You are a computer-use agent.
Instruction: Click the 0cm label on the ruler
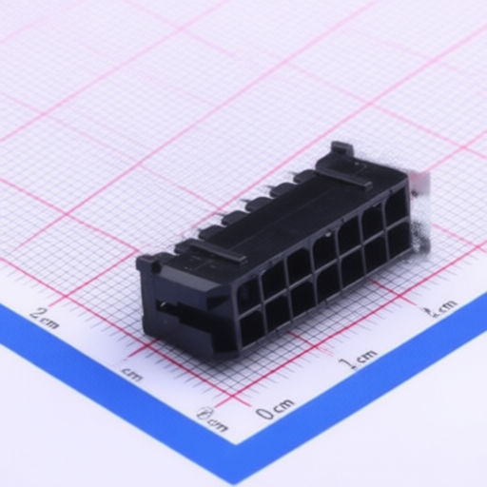click(275, 411)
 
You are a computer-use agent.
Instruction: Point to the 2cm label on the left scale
click(45, 317)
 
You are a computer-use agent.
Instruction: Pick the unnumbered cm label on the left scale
click(132, 374)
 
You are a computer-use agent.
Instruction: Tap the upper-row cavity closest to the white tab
click(394, 207)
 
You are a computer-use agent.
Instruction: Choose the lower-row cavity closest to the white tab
click(398, 240)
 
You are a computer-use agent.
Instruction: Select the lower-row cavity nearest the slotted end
click(253, 328)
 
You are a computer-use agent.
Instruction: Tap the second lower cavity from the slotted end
click(278, 313)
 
